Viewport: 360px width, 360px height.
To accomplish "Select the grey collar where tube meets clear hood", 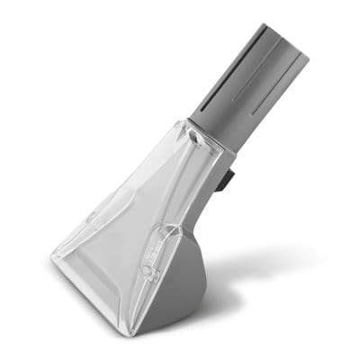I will pos(211,135).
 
